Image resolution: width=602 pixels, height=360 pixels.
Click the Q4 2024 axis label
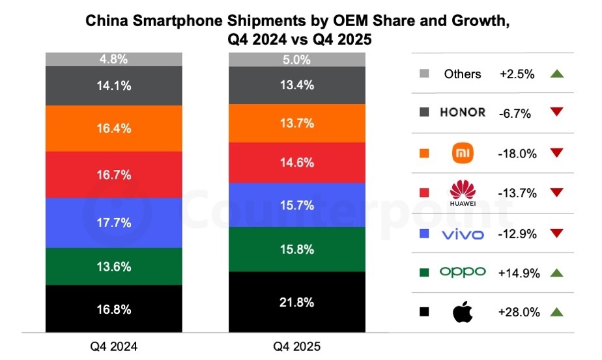coord(114,346)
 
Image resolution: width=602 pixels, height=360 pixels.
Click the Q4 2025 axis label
coord(297,346)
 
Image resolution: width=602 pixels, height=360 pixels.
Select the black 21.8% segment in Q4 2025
coord(297,302)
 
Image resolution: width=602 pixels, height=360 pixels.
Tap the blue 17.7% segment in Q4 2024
coord(114,222)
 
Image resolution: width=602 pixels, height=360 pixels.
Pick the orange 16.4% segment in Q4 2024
coord(114,128)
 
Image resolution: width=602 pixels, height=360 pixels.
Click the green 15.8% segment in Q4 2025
coord(297,249)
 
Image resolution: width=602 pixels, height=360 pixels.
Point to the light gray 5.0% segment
coord(297,60)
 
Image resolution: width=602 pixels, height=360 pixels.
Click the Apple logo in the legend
coord(462,312)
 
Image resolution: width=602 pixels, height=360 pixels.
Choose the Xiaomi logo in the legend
coord(462,153)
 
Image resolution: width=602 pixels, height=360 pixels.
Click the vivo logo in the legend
coord(462,233)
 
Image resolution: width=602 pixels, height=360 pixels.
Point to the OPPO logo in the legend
coord(462,272)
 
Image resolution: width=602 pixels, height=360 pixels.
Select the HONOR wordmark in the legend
coord(462,113)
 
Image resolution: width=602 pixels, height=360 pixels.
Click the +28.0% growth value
coord(519,312)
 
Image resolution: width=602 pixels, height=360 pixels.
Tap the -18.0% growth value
coord(518,154)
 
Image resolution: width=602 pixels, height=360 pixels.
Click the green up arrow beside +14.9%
coord(556,273)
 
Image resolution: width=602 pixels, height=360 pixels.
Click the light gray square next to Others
coord(425,74)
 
